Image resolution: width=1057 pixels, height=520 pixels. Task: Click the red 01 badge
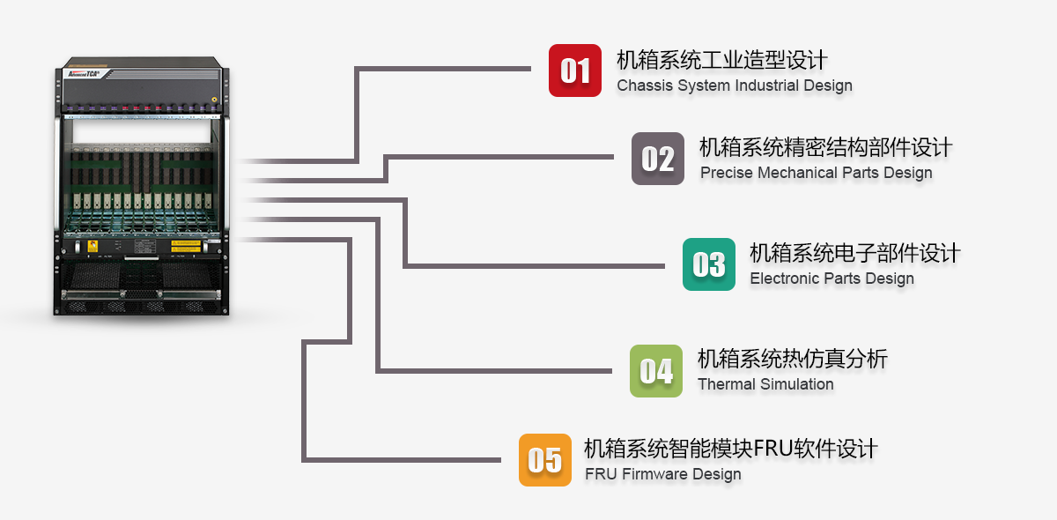coord(574,71)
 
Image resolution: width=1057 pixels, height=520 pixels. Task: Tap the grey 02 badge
coord(658,159)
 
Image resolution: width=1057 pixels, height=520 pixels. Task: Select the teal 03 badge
coord(709,264)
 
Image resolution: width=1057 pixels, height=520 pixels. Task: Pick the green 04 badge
coord(656,371)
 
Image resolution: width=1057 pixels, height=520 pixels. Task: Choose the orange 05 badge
coord(545,459)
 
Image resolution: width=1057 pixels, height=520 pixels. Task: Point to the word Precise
coord(726,173)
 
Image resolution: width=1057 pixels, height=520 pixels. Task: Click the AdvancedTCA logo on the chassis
coord(84,74)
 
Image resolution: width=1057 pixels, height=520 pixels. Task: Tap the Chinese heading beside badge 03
coord(855,253)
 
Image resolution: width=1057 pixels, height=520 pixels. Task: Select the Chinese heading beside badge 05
coord(731,449)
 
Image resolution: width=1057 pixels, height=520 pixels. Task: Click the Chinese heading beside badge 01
coord(722,60)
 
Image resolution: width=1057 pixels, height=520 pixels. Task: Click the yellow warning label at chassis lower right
coord(186,246)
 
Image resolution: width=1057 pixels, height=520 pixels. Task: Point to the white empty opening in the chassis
coord(142,131)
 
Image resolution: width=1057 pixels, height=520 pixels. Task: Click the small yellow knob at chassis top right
coord(214,100)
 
